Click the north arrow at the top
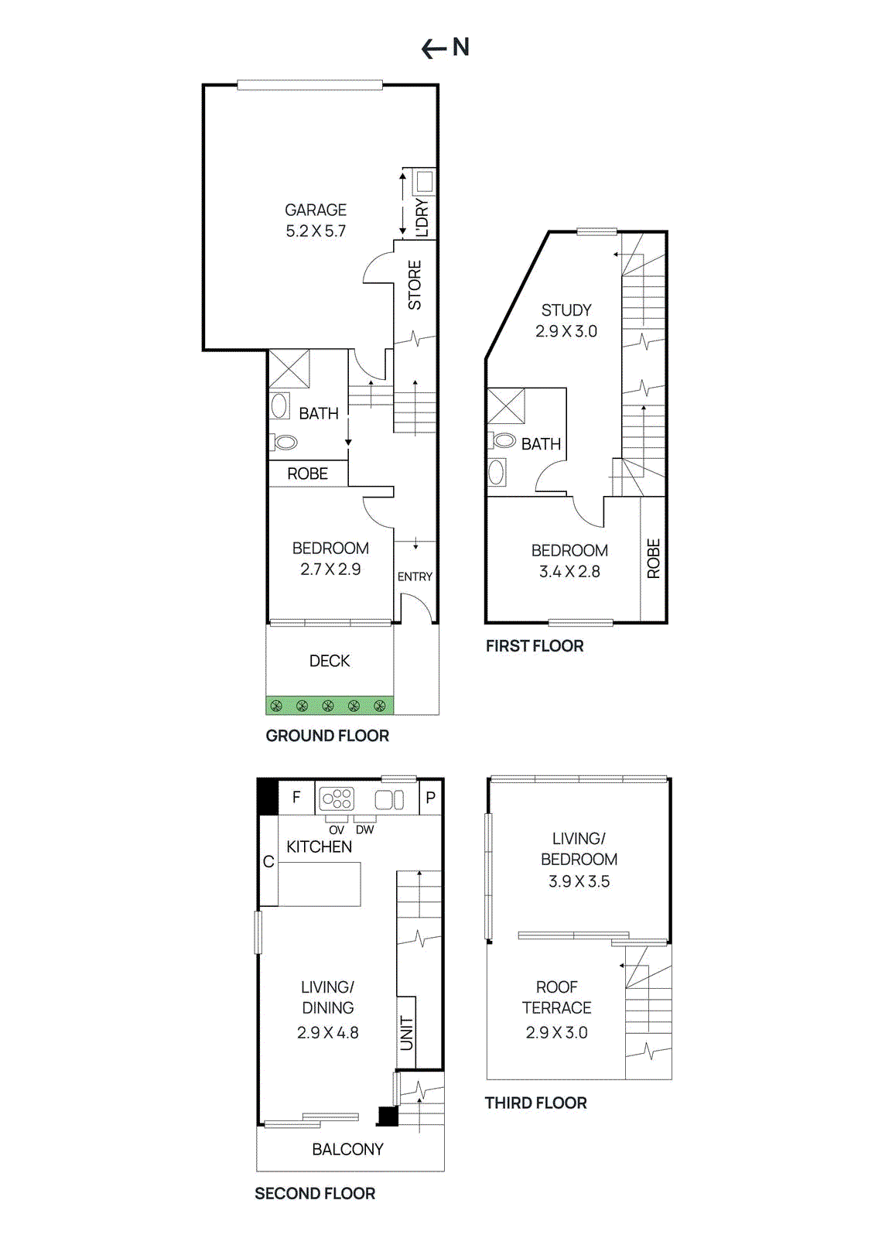(x=445, y=48)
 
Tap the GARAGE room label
(x=316, y=210)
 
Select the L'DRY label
(x=422, y=217)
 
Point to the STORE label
(x=415, y=286)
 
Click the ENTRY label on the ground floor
(x=415, y=576)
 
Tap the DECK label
(x=330, y=661)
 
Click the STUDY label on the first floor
(x=566, y=310)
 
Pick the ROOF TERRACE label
(x=556, y=997)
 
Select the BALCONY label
(x=347, y=1149)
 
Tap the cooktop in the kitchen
(x=337, y=799)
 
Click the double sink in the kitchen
(x=389, y=799)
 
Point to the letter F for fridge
(x=296, y=797)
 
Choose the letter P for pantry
(x=431, y=798)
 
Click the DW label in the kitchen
(x=365, y=829)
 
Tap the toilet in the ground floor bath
(x=285, y=443)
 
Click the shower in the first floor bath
(x=506, y=405)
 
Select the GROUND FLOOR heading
(x=327, y=736)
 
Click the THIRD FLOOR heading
(x=535, y=1103)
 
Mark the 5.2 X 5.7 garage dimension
(x=316, y=231)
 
